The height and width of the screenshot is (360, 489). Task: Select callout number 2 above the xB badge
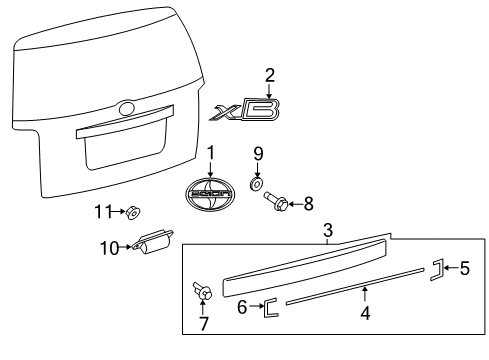(x=268, y=75)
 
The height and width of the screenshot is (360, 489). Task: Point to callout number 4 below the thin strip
(x=365, y=313)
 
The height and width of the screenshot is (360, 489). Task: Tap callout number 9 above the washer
(x=257, y=154)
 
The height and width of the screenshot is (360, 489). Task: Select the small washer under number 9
(x=256, y=183)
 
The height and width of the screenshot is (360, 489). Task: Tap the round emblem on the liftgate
(x=125, y=107)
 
